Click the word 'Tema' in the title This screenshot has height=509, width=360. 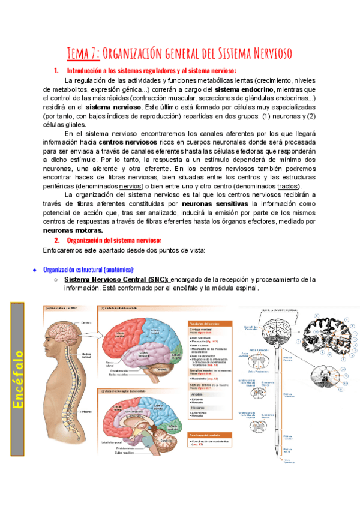[x=79, y=54]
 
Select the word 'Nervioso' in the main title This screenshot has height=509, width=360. [x=264, y=54]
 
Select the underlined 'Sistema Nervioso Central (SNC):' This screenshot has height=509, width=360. [x=116, y=279]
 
